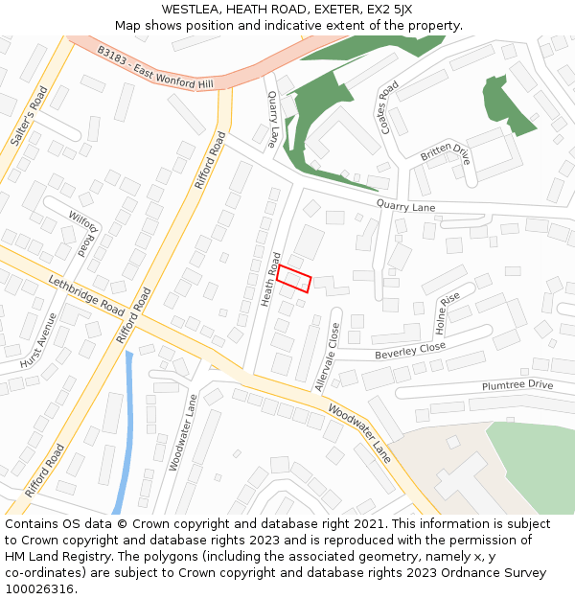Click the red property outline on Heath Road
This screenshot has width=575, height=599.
[295, 278]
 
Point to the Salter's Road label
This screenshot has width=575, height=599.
[30, 116]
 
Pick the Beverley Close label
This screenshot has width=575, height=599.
[410, 351]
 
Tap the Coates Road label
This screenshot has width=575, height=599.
[388, 106]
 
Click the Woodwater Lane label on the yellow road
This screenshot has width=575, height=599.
[360, 433]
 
